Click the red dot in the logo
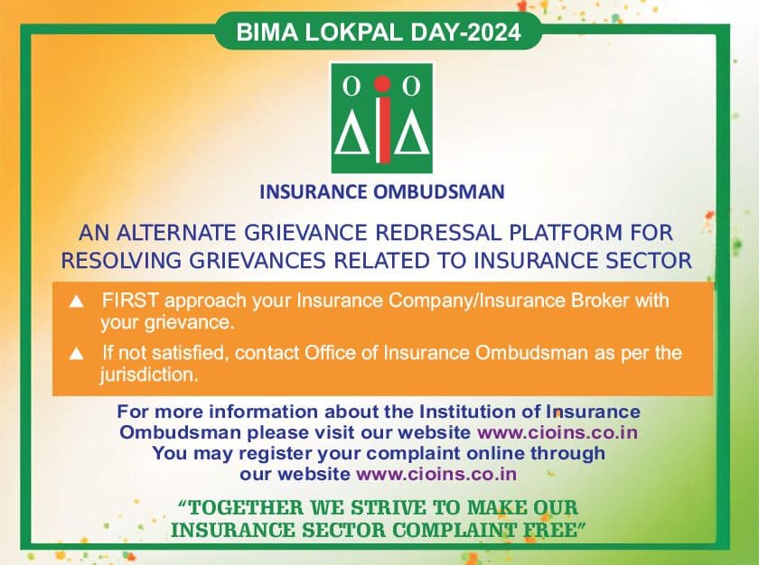(x=382, y=84)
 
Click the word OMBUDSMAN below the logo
(x=438, y=192)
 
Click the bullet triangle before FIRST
(x=77, y=301)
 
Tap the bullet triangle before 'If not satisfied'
(x=77, y=354)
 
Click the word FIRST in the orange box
(x=130, y=301)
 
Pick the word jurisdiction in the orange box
(x=149, y=375)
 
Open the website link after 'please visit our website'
(x=558, y=432)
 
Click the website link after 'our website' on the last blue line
(x=436, y=474)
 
